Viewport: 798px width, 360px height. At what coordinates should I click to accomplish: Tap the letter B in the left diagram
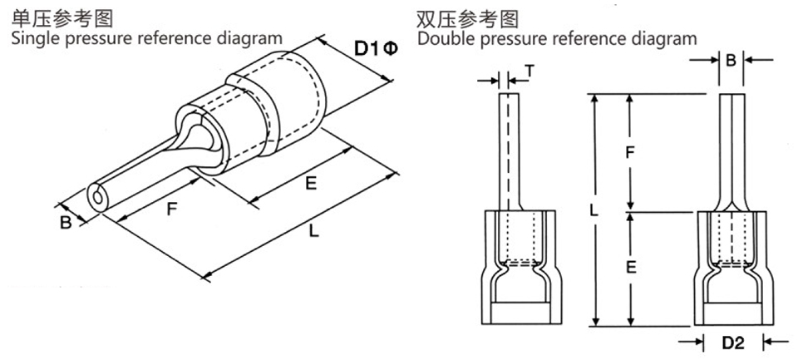tap(65, 222)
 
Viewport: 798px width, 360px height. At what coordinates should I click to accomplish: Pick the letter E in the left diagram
tap(311, 185)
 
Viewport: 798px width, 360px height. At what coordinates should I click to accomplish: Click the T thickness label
tap(530, 72)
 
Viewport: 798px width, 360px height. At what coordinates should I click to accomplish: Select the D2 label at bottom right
tap(732, 342)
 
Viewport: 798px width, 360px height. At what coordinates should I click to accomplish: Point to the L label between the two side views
tap(594, 211)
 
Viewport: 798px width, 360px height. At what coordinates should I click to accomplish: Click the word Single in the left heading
tap(29, 38)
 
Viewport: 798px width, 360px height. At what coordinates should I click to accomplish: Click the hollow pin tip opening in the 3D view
tap(98, 197)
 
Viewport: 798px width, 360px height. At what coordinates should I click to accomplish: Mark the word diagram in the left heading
tap(252, 38)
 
